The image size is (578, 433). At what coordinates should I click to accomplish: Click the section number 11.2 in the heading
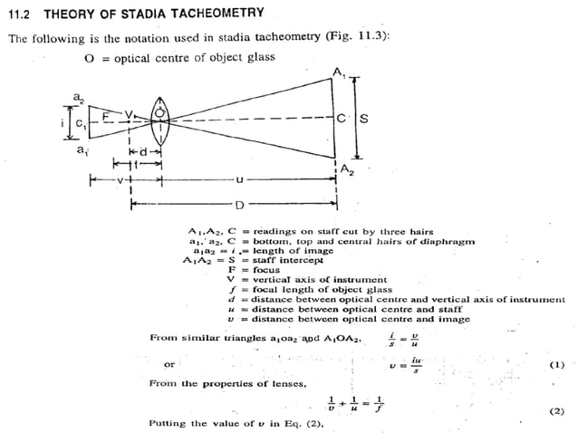pyautogui.click(x=19, y=14)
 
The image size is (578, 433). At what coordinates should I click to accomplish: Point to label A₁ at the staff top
pyautogui.click(x=338, y=72)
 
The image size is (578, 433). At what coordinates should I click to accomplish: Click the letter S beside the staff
pyautogui.click(x=363, y=119)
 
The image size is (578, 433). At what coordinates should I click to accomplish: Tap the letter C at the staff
pyautogui.click(x=341, y=119)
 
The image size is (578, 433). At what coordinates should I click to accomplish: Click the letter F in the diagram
pyautogui.click(x=106, y=116)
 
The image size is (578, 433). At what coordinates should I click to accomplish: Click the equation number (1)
pyautogui.click(x=556, y=365)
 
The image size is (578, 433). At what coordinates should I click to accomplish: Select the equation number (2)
pyautogui.click(x=556, y=409)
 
